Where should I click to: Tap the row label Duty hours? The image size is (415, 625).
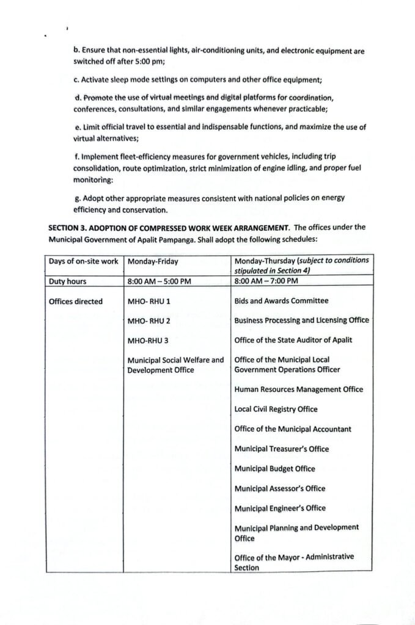tap(69, 281)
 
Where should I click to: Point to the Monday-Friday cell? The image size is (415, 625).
tap(153, 262)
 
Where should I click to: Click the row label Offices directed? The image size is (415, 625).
tap(77, 302)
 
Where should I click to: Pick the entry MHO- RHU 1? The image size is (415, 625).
tap(149, 302)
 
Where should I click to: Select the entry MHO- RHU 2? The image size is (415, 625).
tap(149, 321)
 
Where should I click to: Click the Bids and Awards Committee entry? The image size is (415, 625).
tap(281, 301)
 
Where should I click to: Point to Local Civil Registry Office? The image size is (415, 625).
tap(276, 409)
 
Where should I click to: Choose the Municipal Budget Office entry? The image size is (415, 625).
tap(275, 469)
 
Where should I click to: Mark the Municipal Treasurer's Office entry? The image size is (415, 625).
tap(282, 449)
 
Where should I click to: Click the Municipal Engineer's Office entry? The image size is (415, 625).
tap(280, 508)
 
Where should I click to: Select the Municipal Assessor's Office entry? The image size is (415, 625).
tap(280, 488)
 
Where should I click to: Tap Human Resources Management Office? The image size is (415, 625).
tap(299, 389)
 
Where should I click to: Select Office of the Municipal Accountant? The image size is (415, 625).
tap(293, 429)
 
